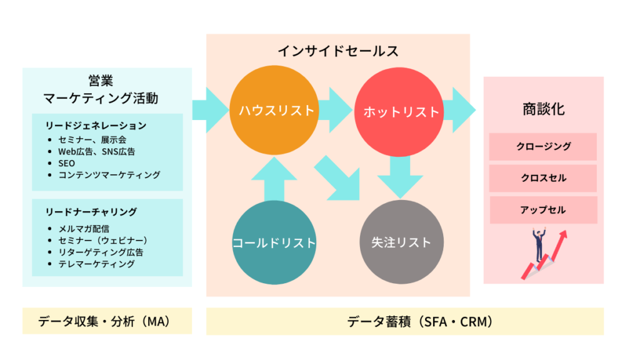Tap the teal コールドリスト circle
click(x=273, y=242)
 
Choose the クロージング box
click(x=543, y=147)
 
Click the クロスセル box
click(x=543, y=178)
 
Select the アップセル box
click(x=543, y=210)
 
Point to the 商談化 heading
click(x=543, y=109)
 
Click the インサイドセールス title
click(x=338, y=51)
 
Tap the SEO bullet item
click(x=66, y=163)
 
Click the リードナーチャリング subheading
click(x=91, y=211)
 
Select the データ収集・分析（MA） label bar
click(x=106, y=321)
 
